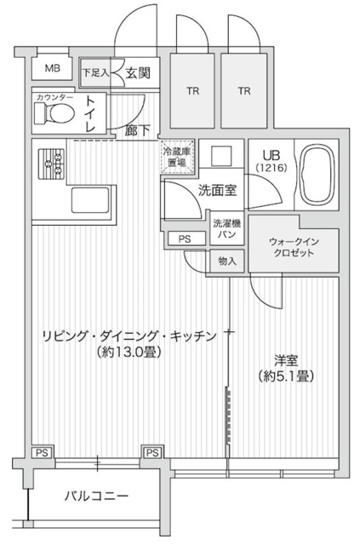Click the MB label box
(x=52, y=69)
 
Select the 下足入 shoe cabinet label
(x=95, y=73)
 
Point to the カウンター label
(x=54, y=98)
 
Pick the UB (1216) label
(x=273, y=160)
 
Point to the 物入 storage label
(x=227, y=261)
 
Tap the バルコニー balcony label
(x=96, y=496)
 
